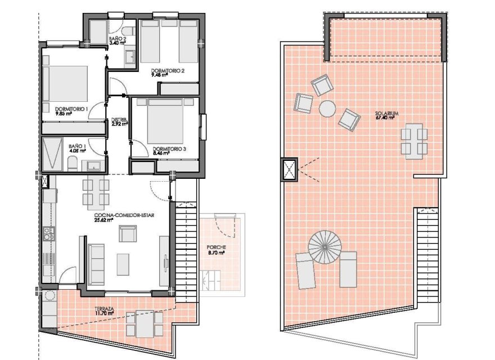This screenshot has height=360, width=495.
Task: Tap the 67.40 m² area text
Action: point(385,118)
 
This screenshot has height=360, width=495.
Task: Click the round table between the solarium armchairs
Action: point(327,109)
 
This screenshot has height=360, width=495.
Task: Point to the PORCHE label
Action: point(216,247)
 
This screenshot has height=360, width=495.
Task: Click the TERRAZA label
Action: point(104,309)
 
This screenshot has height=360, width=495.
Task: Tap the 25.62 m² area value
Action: point(103,220)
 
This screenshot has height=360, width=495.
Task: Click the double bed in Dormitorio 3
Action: point(165,121)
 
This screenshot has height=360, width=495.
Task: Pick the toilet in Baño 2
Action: point(129,31)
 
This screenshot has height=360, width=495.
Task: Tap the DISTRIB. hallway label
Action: point(119,120)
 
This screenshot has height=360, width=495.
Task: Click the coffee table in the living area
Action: point(123,264)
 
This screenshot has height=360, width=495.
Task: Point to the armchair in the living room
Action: point(128,233)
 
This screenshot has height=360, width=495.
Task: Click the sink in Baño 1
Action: point(92,166)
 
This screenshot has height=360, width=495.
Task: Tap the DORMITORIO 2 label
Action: point(168,71)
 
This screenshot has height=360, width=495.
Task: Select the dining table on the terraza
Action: point(145,324)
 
